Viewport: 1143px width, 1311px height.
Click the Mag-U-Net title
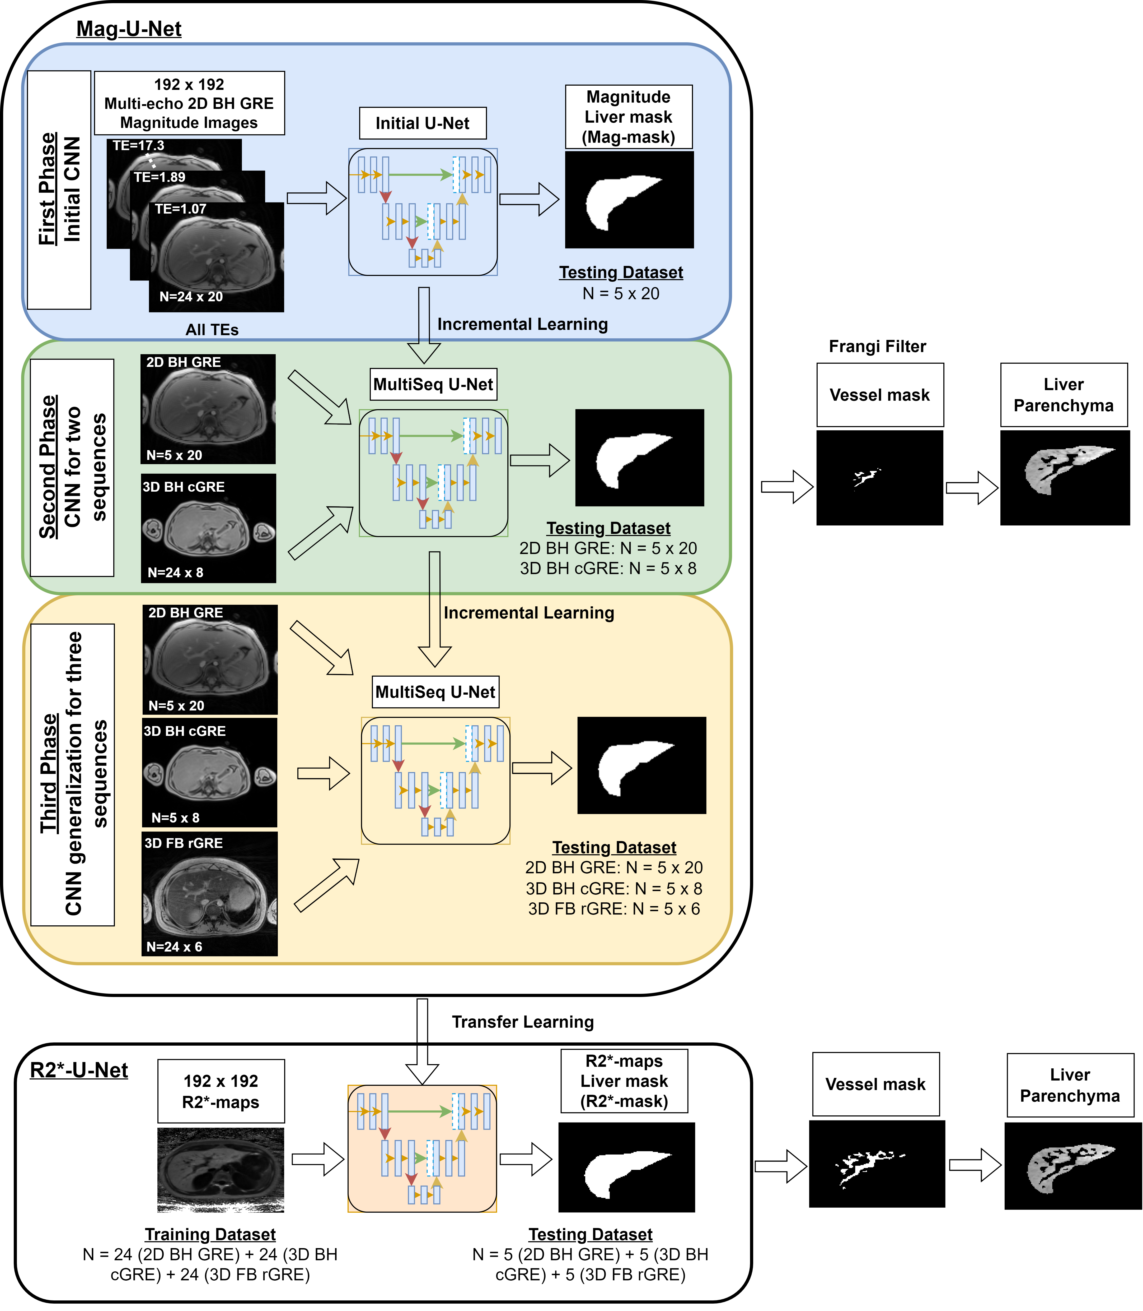pyautogui.click(x=129, y=29)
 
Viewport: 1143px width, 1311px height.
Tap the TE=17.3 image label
pyautogui.click(x=138, y=146)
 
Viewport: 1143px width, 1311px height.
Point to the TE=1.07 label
pyautogui.click(x=180, y=209)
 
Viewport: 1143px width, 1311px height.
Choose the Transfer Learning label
pyautogui.click(x=522, y=1022)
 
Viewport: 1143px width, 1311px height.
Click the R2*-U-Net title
pyautogui.click(x=79, y=1070)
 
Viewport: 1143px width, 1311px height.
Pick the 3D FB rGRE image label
pyautogui.click(x=184, y=843)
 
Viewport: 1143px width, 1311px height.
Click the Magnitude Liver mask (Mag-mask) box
pyautogui.click(x=628, y=117)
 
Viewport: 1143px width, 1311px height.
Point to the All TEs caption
pyautogui.click(x=212, y=330)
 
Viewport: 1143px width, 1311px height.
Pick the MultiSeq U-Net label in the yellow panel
pyautogui.click(x=435, y=692)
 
